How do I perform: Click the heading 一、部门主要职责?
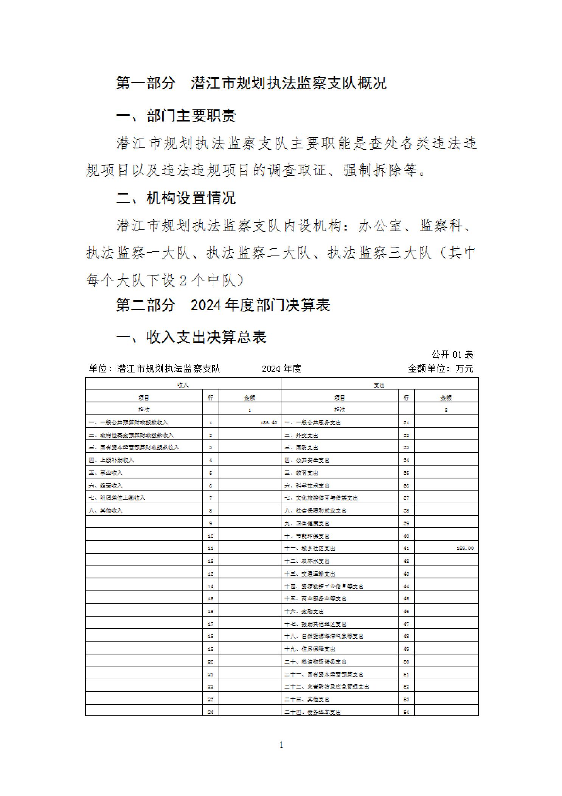(x=176, y=116)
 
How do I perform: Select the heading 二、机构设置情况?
(x=176, y=198)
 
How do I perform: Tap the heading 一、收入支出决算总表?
(x=191, y=337)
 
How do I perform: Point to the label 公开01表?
(x=452, y=355)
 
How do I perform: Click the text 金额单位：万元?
(x=441, y=369)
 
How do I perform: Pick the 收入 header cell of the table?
(x=183, y=385)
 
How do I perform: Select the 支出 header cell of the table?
(x=379, y=385)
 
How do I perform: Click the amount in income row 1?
(x=269, y=422)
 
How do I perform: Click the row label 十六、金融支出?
(x=304, y=611)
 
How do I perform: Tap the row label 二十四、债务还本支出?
(x=312, y=712)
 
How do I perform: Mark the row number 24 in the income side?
(x=211, y=712)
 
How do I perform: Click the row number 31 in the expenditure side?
(x=406, y=422)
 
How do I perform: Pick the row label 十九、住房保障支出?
(x=310, y=649)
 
